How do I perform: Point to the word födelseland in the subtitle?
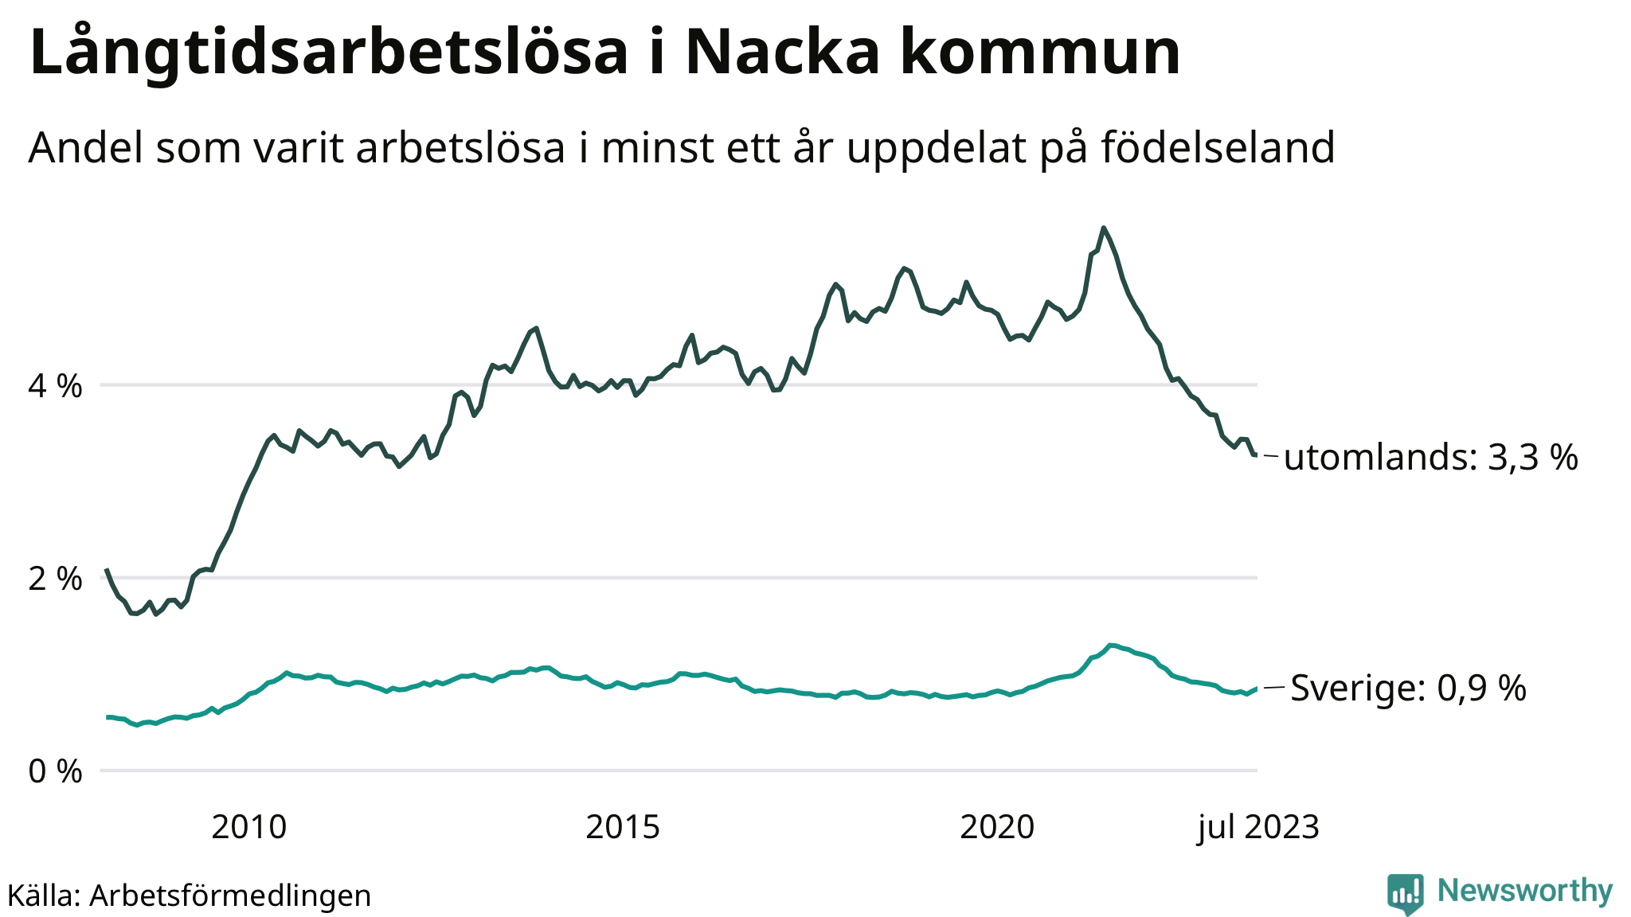1218,148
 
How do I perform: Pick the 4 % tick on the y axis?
56,387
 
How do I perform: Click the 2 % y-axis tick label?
56,579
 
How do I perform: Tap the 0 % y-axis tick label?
56,771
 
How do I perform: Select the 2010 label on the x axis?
248,828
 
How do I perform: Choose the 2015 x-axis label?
623,828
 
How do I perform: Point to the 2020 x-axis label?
997,828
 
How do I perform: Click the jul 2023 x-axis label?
1258,828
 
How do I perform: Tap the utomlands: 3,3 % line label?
1430,458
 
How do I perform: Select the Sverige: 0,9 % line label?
1408,688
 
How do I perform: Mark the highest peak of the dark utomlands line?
1103,228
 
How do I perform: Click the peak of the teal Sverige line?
1111,645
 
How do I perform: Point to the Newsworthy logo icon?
1405,894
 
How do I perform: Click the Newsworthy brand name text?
1525,891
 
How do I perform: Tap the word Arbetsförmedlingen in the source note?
230,896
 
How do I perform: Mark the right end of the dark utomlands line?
1256,455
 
